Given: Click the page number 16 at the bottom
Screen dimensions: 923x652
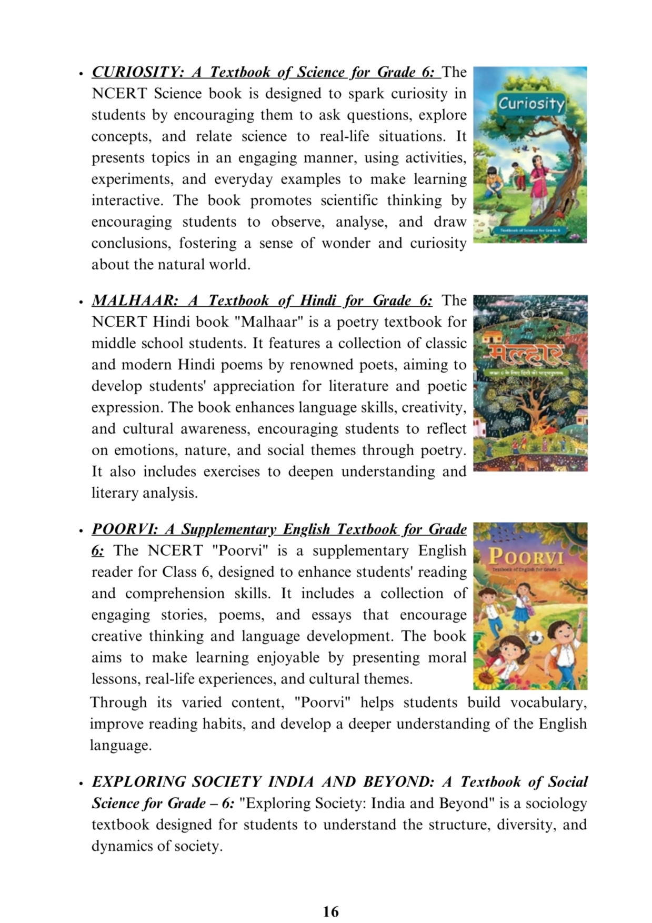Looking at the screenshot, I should click(330, 911).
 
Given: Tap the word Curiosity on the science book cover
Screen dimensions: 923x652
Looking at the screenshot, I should click(530, 103).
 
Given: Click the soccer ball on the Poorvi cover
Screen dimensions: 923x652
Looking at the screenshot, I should click(536, 638).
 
